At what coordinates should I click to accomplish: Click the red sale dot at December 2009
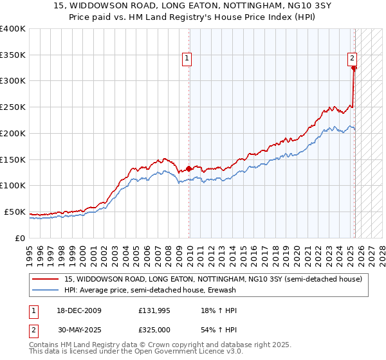tap(188, 169)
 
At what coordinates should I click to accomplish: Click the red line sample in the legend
tap(45, 279)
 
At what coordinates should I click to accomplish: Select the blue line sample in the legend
tap(45, 290)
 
